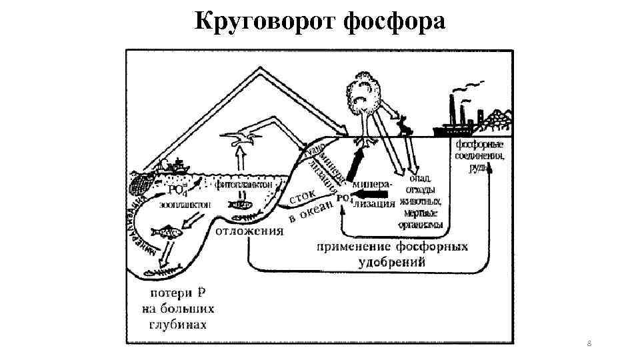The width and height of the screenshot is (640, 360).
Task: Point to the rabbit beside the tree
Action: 403,126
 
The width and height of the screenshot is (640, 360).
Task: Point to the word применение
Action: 358,247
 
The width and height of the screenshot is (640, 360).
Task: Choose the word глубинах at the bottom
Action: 177,325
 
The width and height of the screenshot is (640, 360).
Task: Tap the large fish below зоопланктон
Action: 166,233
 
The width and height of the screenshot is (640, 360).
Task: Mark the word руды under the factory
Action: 479,168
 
